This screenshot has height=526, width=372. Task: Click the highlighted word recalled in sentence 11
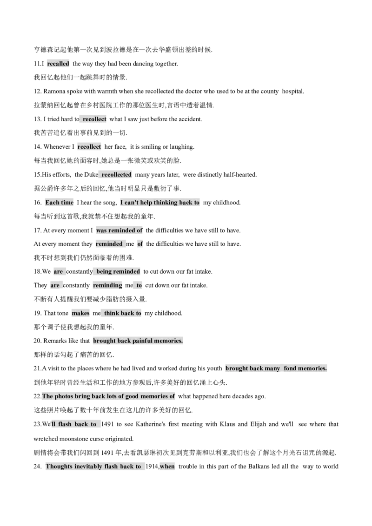pyautogui.click(x=58, y=64)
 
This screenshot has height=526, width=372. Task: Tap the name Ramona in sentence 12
pyautogui.click(x=54, y=91)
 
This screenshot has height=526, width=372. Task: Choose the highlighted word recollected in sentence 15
pyautogui.click(x=117, y=174)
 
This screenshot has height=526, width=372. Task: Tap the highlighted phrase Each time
pyautogui.click(x=60, y=202)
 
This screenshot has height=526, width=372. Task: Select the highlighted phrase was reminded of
pyautogui.click(x=119, y=230)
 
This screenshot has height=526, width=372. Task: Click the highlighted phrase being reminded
pyautogui.click(x=118, y=271)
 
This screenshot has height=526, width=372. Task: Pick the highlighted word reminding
pyautogui.click(x=107, y=285)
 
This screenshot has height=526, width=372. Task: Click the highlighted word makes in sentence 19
pyautogui.click(x=80, y=313)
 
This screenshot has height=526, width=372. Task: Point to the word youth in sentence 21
pyautogui.click(x=214, y=368)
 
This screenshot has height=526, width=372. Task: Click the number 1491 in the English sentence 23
pyautogui.click(x=107, y=424)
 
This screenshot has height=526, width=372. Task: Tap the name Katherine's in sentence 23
pyautogui.click(x=150, y=424)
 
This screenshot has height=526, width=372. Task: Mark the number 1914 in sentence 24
pyautogui.click(x=152, y=466)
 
